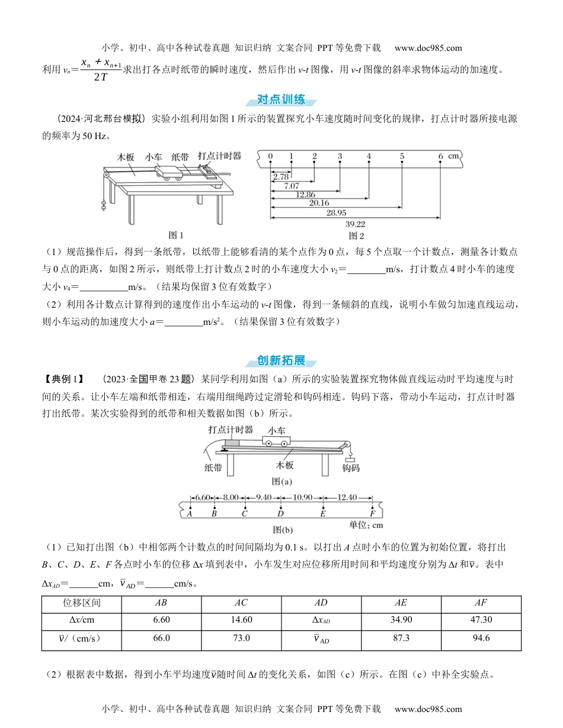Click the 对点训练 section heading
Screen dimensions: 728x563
coord(281,99)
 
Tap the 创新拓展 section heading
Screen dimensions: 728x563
coord(281,360)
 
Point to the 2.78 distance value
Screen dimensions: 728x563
coord(281,176)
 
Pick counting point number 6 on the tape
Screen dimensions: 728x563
coord(440,156)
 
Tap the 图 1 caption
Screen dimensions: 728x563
coord(177,235)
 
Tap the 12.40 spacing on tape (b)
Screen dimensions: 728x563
coord(347,497)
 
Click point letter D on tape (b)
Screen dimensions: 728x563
coord(280,514)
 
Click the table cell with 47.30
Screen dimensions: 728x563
coord(481,621)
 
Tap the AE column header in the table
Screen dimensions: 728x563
coord(401,603)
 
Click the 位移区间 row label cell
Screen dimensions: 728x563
coord(81,603)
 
